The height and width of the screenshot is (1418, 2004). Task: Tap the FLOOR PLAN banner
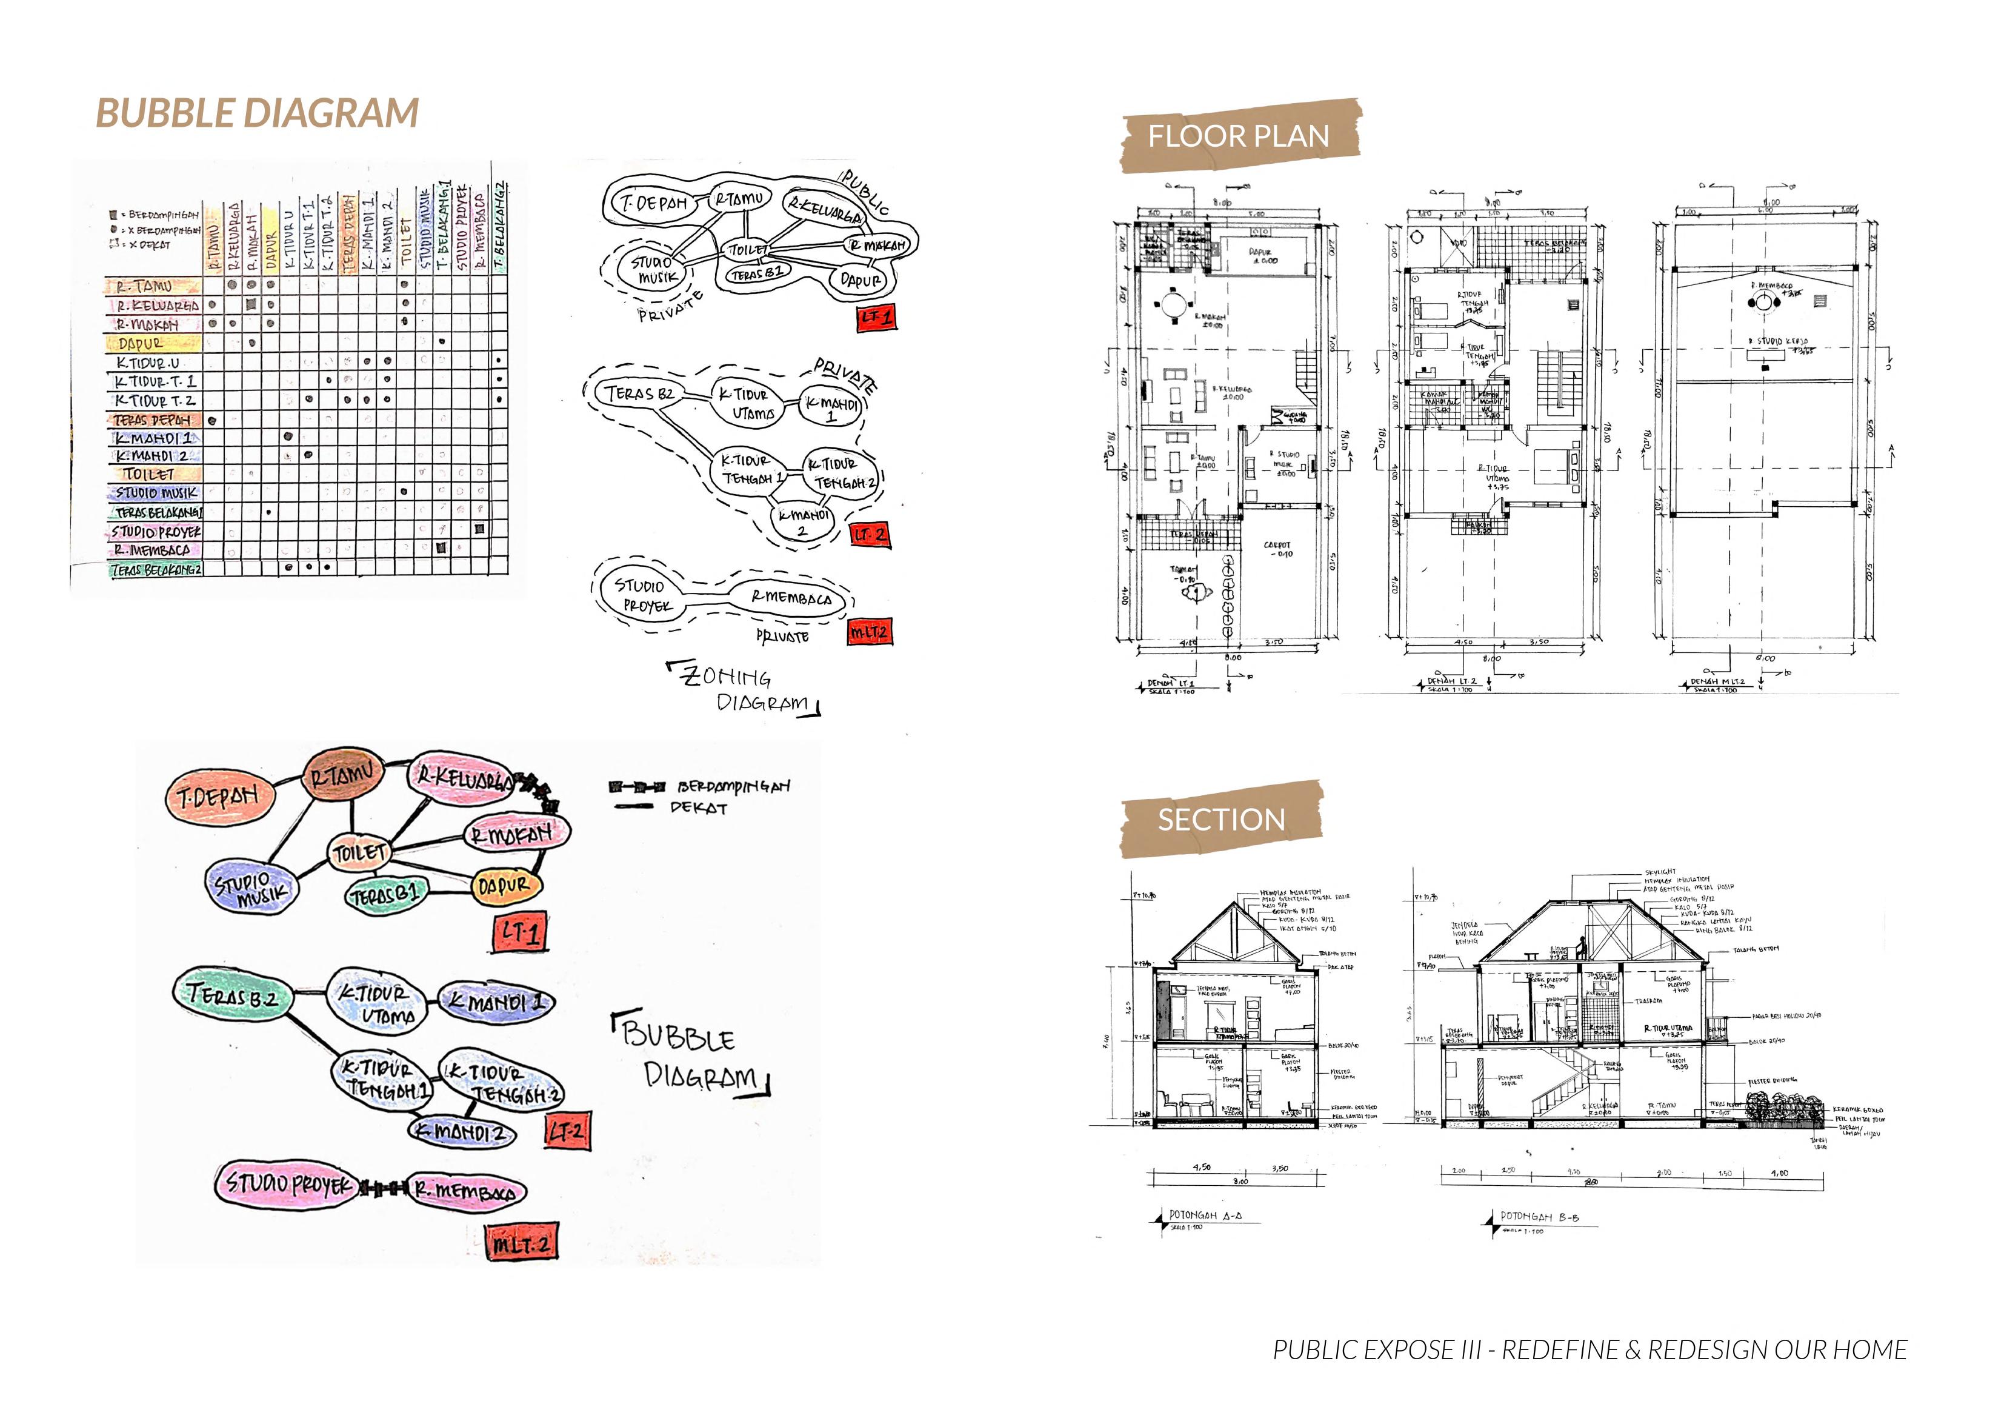(x=1237, y=136)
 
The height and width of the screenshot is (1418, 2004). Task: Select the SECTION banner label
(x=1221, y=820)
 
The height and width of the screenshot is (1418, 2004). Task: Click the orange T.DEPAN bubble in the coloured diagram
(x=218, y=797)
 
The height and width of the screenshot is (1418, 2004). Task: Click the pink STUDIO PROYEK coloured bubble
(x=287, y=1185)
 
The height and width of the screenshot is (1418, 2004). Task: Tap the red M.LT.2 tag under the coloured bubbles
(x=521, y=1243)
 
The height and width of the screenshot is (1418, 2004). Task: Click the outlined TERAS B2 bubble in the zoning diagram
(x=642, y=394)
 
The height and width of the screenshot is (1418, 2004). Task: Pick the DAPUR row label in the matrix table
(x=142, y=344)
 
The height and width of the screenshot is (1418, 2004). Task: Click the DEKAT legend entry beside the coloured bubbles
(x=697, y=808)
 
